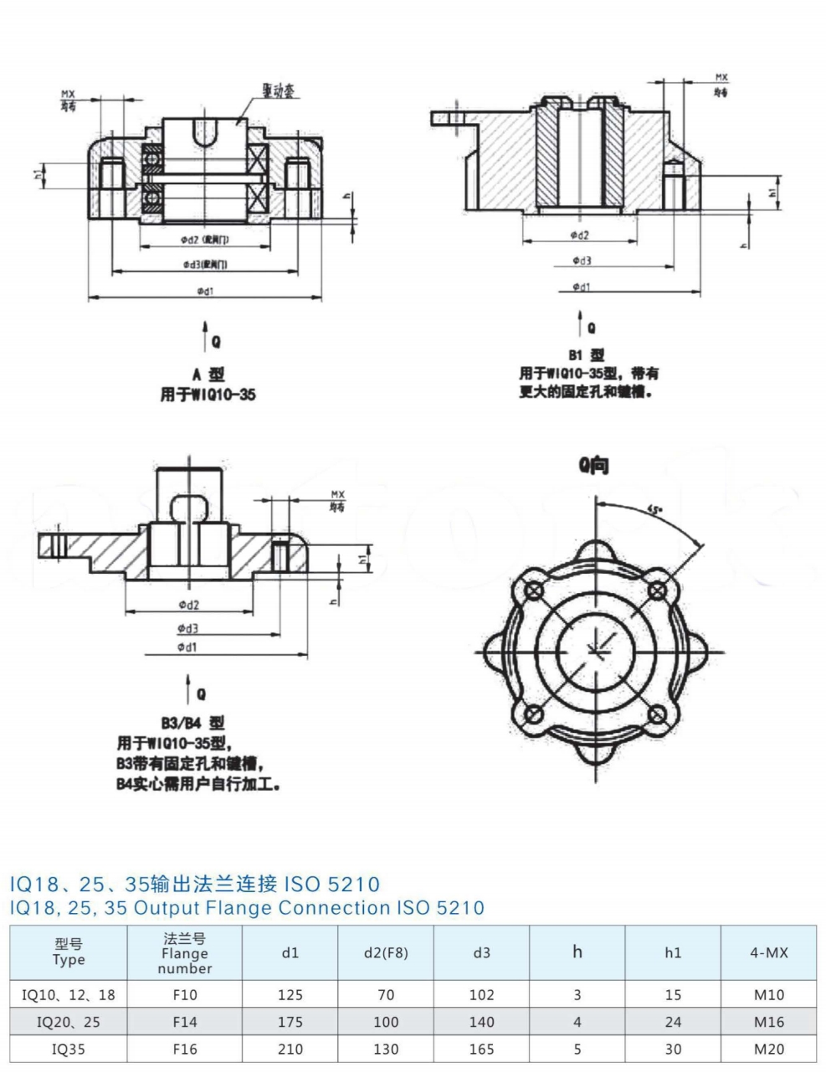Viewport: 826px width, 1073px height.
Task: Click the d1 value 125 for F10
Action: (x=290, y=995)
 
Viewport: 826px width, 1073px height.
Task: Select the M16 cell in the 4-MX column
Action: (x=768, y=1022)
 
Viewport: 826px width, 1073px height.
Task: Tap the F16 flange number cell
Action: (x=184, y=1049)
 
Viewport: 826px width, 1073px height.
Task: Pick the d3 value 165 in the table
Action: (x=481, y=1049)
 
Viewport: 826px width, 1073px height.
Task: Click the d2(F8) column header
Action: (x=386, y=953)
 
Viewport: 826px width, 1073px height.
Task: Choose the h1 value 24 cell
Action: (x=673, y=1022)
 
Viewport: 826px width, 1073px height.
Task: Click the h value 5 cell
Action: (x=577, y=1049)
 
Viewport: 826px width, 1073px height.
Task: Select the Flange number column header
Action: (x=184, y=953)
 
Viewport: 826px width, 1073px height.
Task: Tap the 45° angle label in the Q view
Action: (x=655, y=508)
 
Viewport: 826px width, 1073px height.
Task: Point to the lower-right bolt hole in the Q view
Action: (x=657, y=714)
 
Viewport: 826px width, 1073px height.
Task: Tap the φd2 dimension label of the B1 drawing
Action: (x=579, y=235)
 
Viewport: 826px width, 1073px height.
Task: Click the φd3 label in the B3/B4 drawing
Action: (x=187, y=628)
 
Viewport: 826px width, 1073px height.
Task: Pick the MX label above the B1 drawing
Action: (x=721, y=78)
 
